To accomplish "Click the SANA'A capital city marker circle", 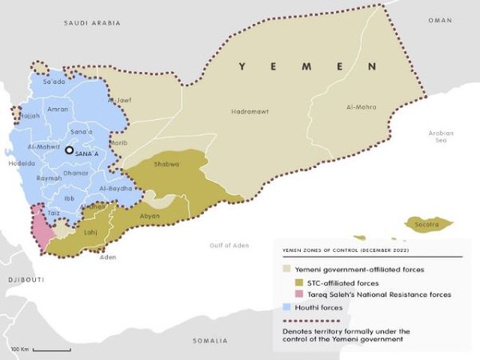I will point(70,150).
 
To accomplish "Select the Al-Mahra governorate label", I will point(361,106).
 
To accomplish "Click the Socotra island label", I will point(427,225).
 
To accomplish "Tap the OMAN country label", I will point(439,19).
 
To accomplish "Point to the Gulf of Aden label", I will point(226,245).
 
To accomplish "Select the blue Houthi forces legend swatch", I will point(289,306).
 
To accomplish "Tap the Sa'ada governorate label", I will point(54,82).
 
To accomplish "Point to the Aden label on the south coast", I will point(107,257).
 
